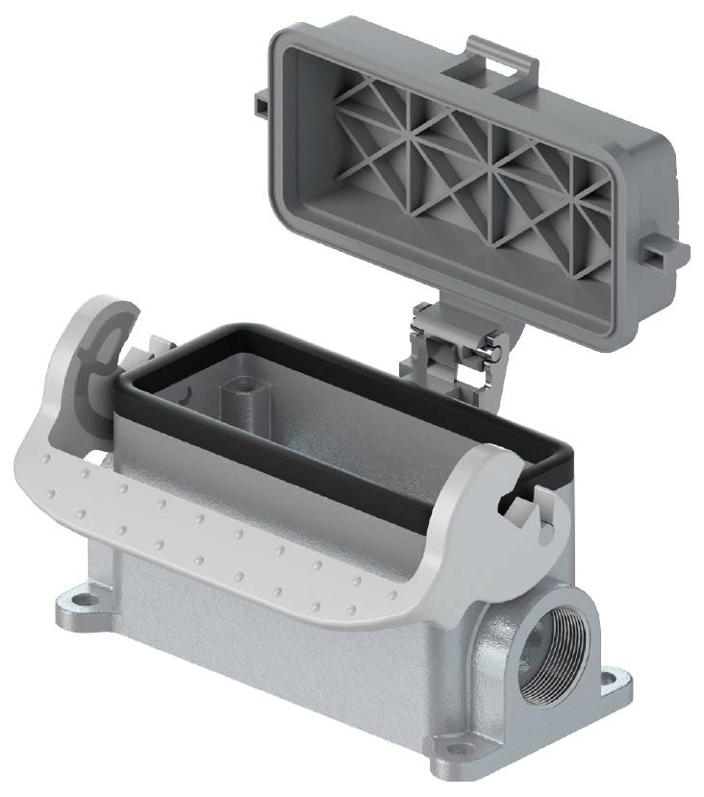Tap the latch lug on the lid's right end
(x=666, y=252)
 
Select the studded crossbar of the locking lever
(x=240, y=538)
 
